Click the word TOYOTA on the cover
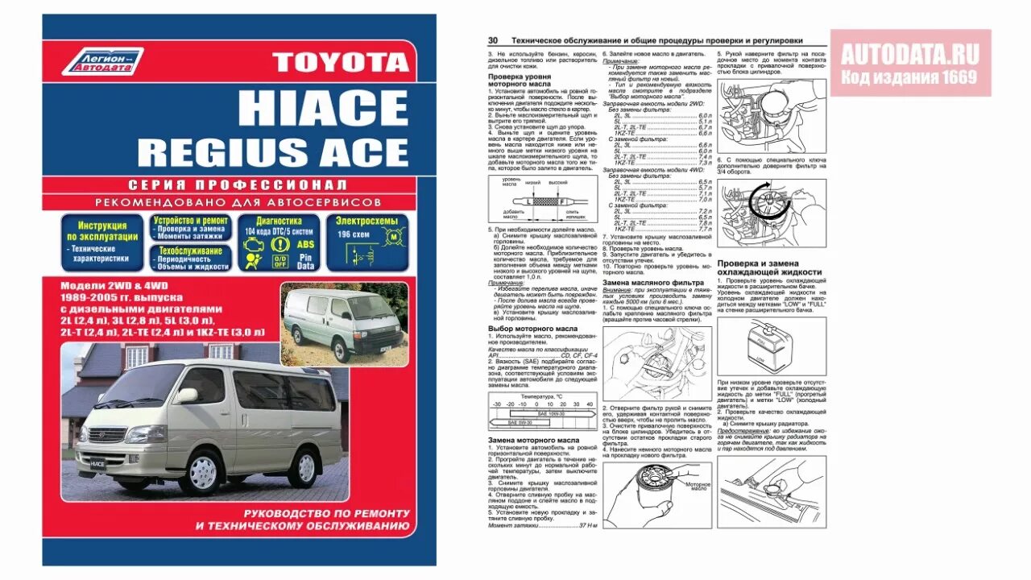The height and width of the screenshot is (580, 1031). (x=342, y=62)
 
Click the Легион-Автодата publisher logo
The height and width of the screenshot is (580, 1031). (x=102, y=62)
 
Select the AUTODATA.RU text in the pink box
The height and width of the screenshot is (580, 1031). (x=910, y=55)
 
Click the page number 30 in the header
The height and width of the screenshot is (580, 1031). (x=492, y=40)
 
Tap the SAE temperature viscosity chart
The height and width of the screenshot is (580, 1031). (x=540, y=412)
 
